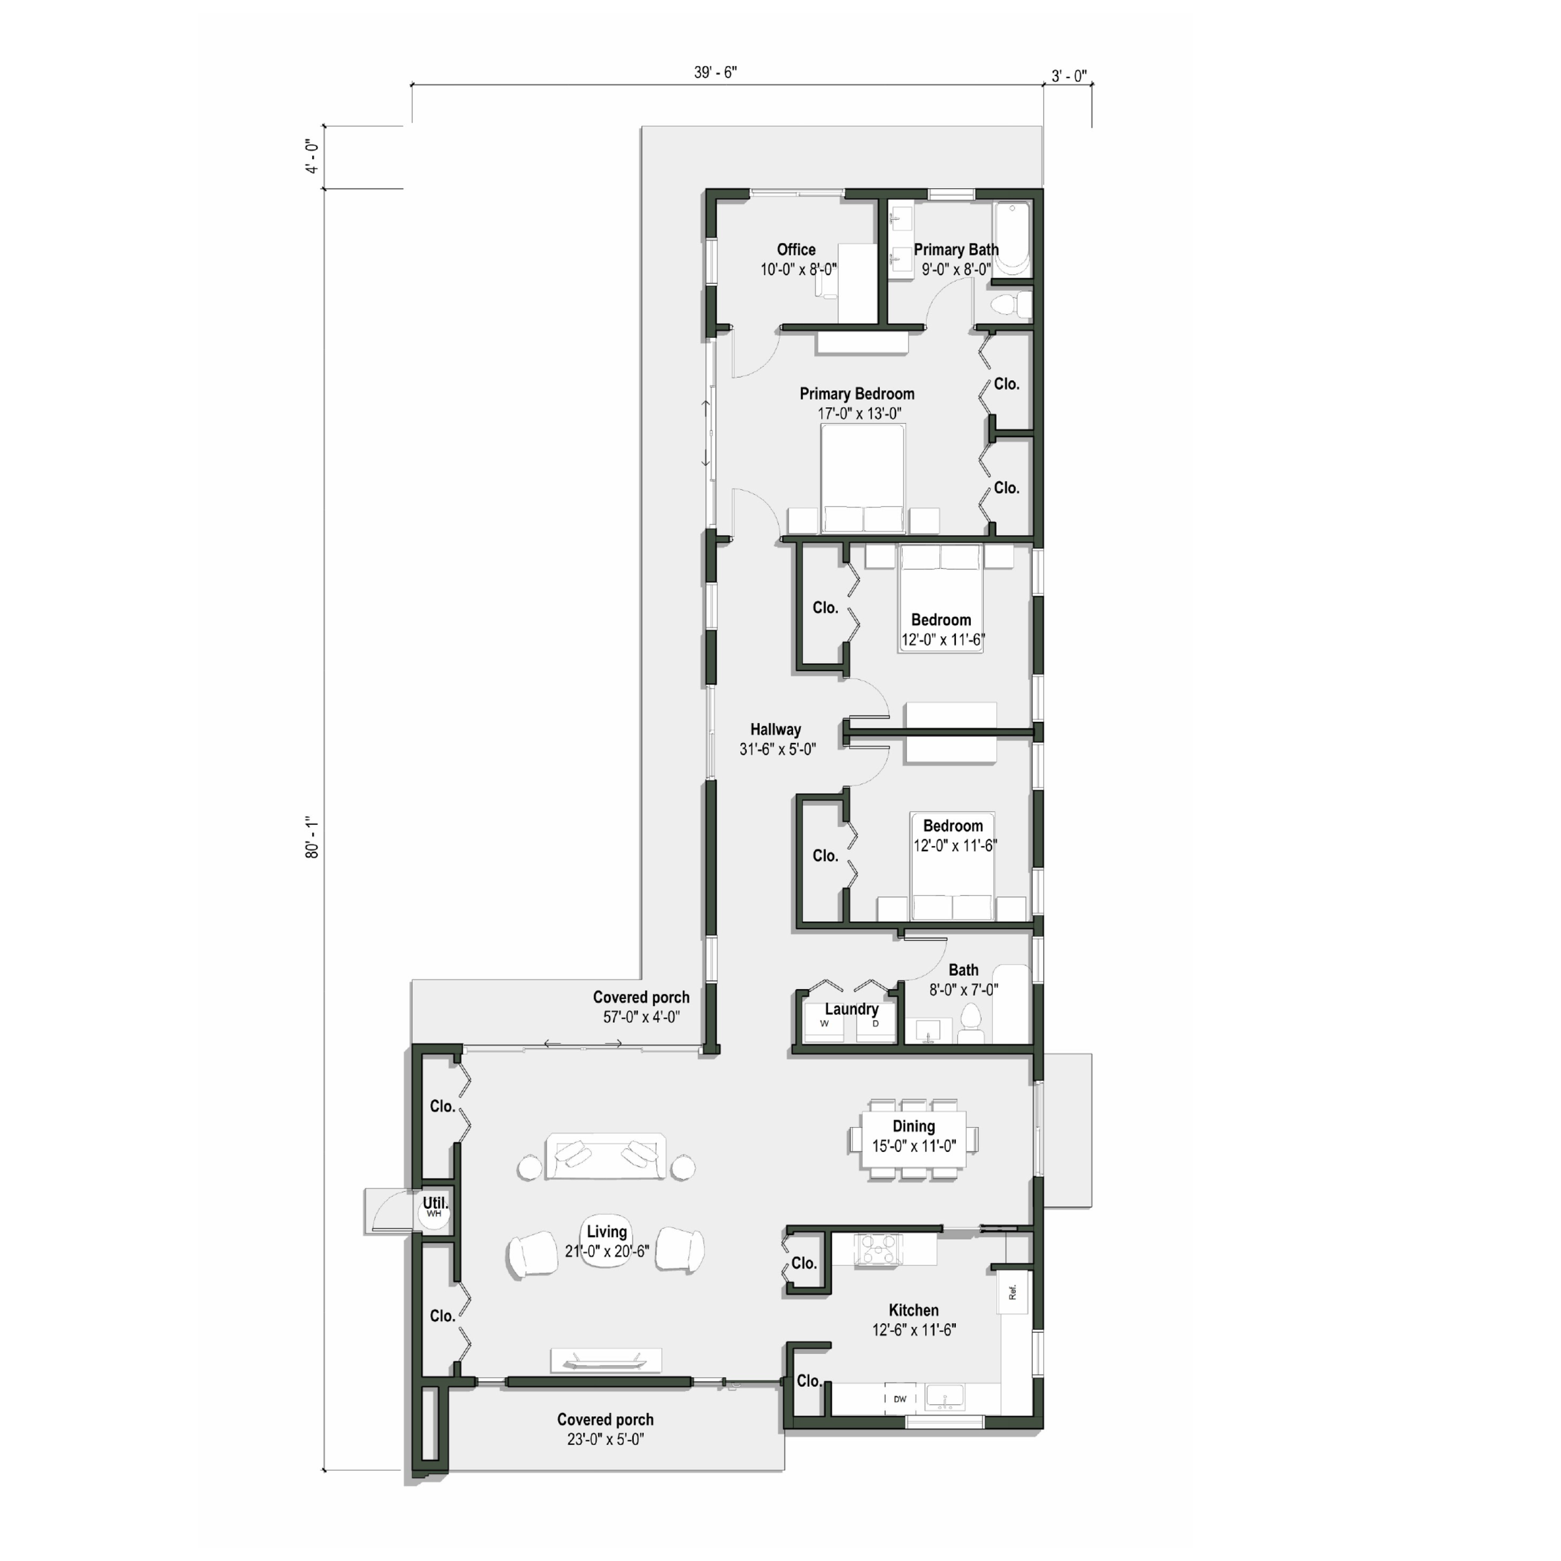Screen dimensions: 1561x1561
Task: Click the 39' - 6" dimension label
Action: point(715,72)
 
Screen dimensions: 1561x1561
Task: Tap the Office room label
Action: point(796,250)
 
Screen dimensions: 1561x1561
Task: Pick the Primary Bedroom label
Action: point(857,394)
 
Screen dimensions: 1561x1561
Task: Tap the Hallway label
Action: point(775,729)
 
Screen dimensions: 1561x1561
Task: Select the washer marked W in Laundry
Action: point(824,1025)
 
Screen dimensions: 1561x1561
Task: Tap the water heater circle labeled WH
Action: point(435,1214)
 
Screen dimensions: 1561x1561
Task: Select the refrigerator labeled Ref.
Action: point(1012,1293)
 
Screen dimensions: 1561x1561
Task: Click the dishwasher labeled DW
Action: point(900,1399)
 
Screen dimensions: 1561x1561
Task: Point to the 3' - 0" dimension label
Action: point(1068,77)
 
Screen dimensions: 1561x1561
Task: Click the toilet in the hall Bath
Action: point(971,1022)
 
